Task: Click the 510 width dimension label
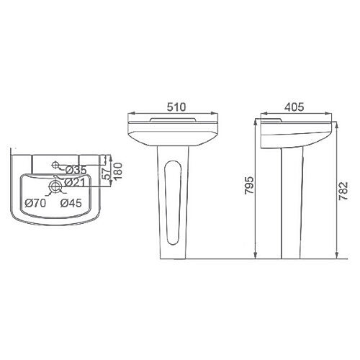click(176, 107)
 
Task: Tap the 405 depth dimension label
click(294, 107)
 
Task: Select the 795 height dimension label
click(249, 185)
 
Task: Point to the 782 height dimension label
click(343, 191)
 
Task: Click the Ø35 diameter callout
click(76, 170)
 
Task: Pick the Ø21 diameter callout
click(75, 183)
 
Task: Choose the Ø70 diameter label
click(35, 203)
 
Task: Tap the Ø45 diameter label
click(71, 203)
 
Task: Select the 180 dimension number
click(118, 171)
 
